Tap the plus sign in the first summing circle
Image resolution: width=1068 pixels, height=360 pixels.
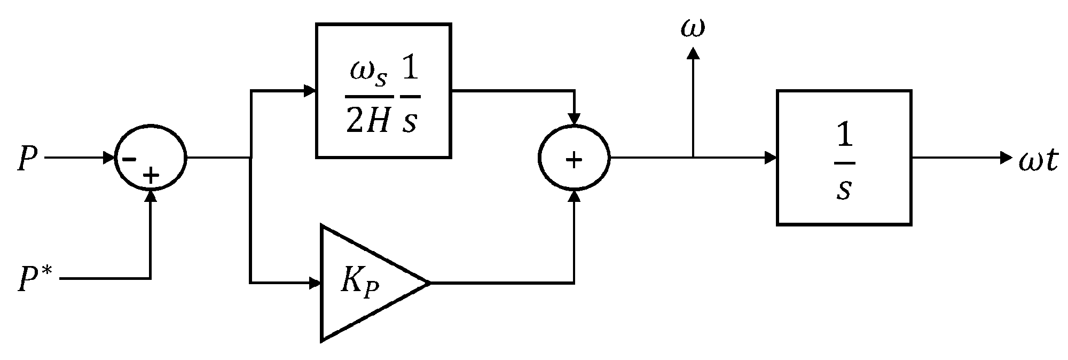(152, 176)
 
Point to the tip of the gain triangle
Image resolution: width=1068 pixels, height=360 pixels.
(429, 283)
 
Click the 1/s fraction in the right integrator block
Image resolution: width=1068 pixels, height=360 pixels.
(843, 159)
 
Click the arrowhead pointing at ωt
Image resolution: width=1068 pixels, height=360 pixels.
(1006, 158)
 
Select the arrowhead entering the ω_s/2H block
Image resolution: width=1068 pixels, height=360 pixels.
(310, 91)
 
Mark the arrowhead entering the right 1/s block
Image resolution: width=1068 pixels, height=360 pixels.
(771, 158)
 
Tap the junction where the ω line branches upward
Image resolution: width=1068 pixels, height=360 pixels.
(693, 158)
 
